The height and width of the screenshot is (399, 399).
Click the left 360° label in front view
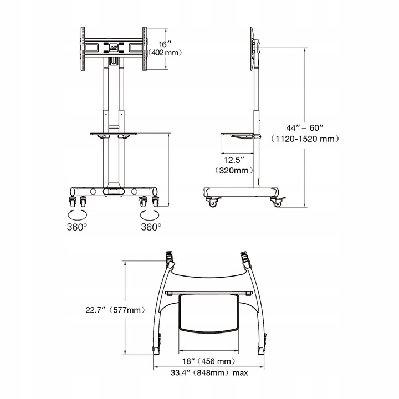pos(78,227)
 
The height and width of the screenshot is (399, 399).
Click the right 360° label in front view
pos(151,227)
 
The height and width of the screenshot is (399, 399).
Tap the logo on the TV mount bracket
pos(114,48)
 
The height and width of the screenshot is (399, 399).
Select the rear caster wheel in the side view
pos(278,202)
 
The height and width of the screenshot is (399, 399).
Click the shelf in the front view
pos(114,133)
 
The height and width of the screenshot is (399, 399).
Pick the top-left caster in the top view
pos(170,257)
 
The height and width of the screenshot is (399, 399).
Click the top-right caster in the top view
pos(244,257)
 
